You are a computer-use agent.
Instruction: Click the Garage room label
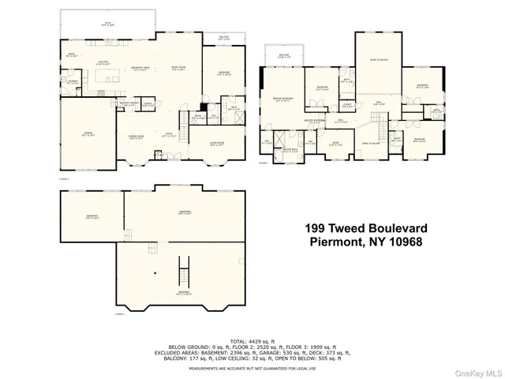point(88,135)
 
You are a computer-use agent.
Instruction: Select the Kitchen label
point(103,63)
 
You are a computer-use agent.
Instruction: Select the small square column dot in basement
point(155,273)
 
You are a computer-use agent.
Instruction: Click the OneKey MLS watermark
point(481,372)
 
